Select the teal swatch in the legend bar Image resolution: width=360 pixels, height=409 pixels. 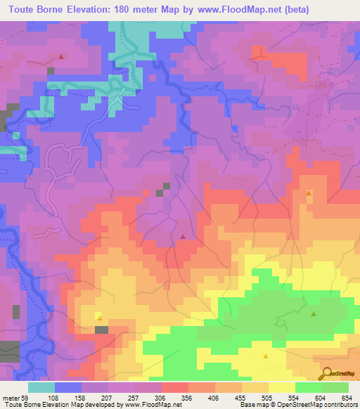pyautogui.click(x=41, y=388)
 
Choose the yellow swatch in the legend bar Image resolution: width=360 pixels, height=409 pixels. pyautogui.click(x=282, y=388)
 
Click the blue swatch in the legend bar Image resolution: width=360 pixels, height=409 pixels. pyautogui.click(x=68, y=388)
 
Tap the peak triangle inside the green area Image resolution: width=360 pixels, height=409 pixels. pyautogui.click(x=314, y=314)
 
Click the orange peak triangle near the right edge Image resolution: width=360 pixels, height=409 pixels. pyautogui.click(x=309, y=193)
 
